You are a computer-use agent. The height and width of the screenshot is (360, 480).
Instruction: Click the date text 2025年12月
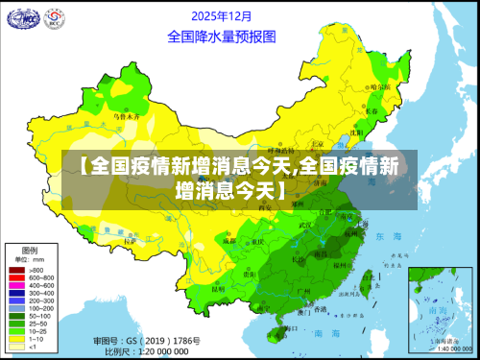point(224,16)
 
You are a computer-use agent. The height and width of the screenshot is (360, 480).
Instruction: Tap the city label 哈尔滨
point(380,86)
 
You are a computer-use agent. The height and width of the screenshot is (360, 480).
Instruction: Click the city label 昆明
point(219,288)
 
